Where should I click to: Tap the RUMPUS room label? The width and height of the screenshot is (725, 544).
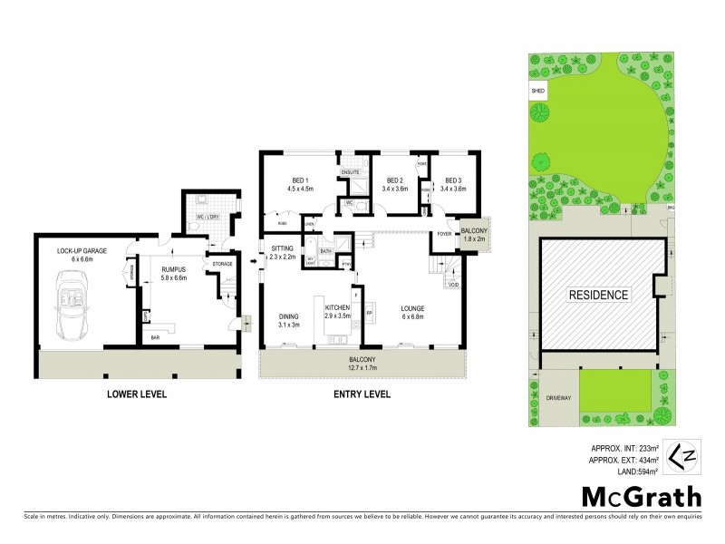point(173,269)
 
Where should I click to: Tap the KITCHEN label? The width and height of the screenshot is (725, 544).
point(337,307)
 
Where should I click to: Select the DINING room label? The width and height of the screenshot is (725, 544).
point(288,316)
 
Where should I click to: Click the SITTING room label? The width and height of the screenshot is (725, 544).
point(283,247)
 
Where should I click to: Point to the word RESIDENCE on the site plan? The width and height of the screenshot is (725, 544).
point(597,295)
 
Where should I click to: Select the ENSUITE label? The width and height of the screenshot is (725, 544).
point(351,171)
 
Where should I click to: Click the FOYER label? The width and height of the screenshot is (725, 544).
point(444,232)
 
